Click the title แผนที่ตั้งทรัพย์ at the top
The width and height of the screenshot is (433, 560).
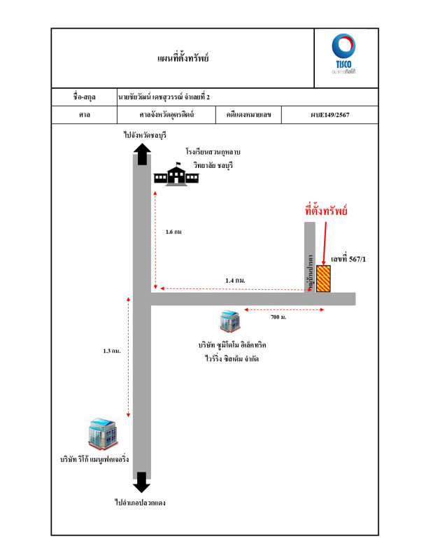(x=183, y=57)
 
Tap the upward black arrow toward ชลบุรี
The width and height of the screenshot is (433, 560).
(x=141, y=155)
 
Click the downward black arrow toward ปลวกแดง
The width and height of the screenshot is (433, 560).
(x=141, y=482)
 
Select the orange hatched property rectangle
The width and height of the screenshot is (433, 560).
(x=324, y=279)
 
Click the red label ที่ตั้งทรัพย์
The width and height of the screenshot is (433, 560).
(x=327, y=210)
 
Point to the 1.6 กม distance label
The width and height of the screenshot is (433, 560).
(x=173, y=232)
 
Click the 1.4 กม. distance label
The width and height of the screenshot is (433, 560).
(x=235, y=280)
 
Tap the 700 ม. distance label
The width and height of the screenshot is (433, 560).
(x=278, y=317)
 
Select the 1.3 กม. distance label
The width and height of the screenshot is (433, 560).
(x=112, y=350)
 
